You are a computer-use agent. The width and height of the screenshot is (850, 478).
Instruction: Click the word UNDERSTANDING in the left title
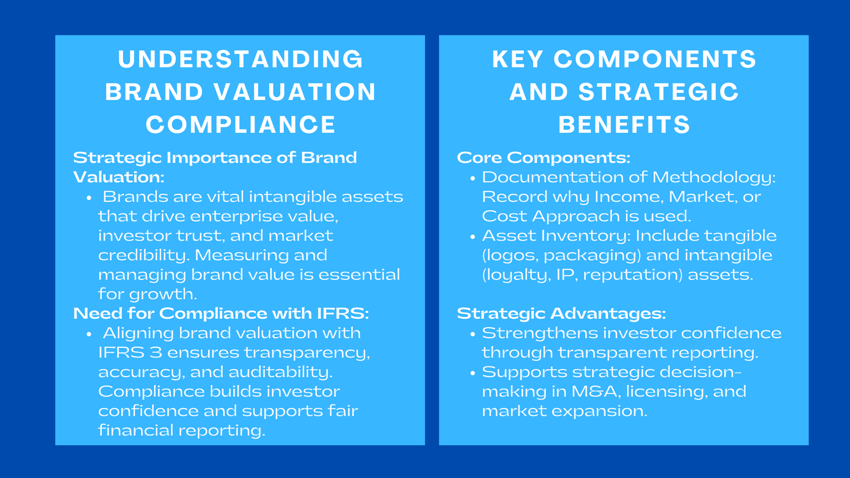(240, 59)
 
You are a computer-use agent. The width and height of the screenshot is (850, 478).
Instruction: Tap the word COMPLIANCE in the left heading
(241, 125)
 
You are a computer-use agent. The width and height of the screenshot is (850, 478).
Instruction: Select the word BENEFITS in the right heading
(624, 125)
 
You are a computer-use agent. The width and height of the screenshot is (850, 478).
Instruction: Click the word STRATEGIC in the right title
(658, 92)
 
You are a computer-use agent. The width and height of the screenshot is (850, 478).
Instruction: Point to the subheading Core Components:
(543, 158)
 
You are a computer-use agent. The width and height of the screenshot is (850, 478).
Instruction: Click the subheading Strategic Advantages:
(561, 313)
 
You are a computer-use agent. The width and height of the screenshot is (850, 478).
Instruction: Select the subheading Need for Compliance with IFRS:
(221, 313)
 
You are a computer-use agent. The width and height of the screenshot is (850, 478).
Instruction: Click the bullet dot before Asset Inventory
(472, 237)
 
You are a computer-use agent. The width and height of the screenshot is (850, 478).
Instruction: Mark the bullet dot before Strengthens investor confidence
(472, 334)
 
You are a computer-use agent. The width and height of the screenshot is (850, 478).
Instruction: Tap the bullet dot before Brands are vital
(89, 198)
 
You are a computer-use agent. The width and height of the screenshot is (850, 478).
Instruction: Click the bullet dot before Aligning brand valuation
(89, 334)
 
